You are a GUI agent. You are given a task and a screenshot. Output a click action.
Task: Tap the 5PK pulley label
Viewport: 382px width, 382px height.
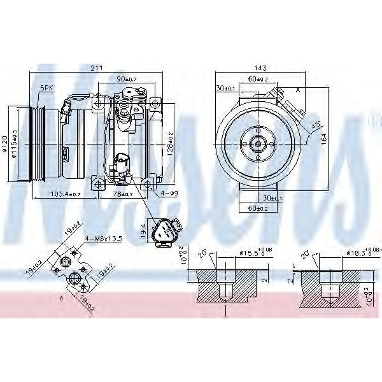coord(46,88)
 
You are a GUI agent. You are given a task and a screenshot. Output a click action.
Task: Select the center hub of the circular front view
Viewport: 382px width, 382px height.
coord(258,143)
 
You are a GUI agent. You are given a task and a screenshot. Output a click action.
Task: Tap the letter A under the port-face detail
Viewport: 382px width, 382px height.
coord(60,297)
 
